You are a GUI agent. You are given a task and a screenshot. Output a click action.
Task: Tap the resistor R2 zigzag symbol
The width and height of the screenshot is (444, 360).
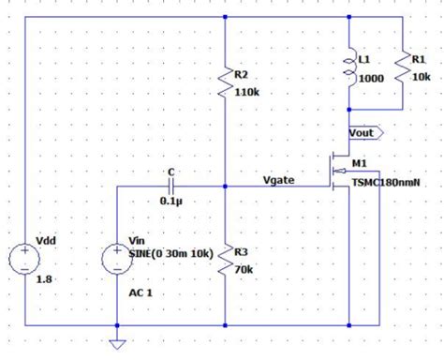click(x=226, y=84)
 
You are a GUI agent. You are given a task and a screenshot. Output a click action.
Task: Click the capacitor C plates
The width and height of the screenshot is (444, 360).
click(x=170, y=186)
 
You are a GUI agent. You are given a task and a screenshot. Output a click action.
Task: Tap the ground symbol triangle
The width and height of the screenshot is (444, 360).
click(x=117, y=342)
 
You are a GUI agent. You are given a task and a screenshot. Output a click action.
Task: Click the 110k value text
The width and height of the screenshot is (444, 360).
click(x=248, y=93)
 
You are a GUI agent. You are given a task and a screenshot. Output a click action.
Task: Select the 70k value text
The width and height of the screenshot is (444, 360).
click(x=244, y=269)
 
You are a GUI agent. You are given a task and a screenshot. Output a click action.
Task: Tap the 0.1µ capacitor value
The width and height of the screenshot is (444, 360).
click(x=170, y=202)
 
